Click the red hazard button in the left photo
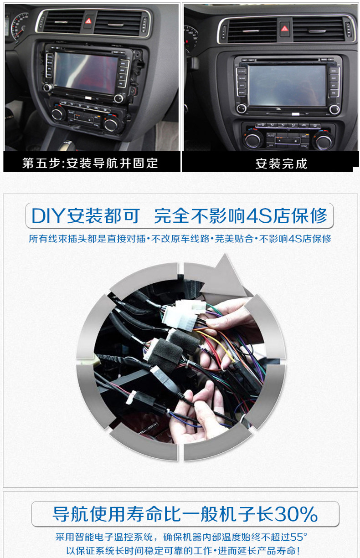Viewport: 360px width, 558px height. (88, 20)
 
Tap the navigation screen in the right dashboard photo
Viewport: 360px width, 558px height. (287, 86)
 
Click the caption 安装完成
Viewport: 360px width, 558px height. (281, 164)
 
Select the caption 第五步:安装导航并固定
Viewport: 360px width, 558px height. (90, 163)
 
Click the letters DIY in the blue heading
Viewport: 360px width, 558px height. (48, 216)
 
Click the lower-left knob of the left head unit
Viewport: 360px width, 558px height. (47, 87)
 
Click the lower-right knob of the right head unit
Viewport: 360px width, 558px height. (334, 109)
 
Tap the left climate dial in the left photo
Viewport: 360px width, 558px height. (57, 113)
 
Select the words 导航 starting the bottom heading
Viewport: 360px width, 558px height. (71, 514)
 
